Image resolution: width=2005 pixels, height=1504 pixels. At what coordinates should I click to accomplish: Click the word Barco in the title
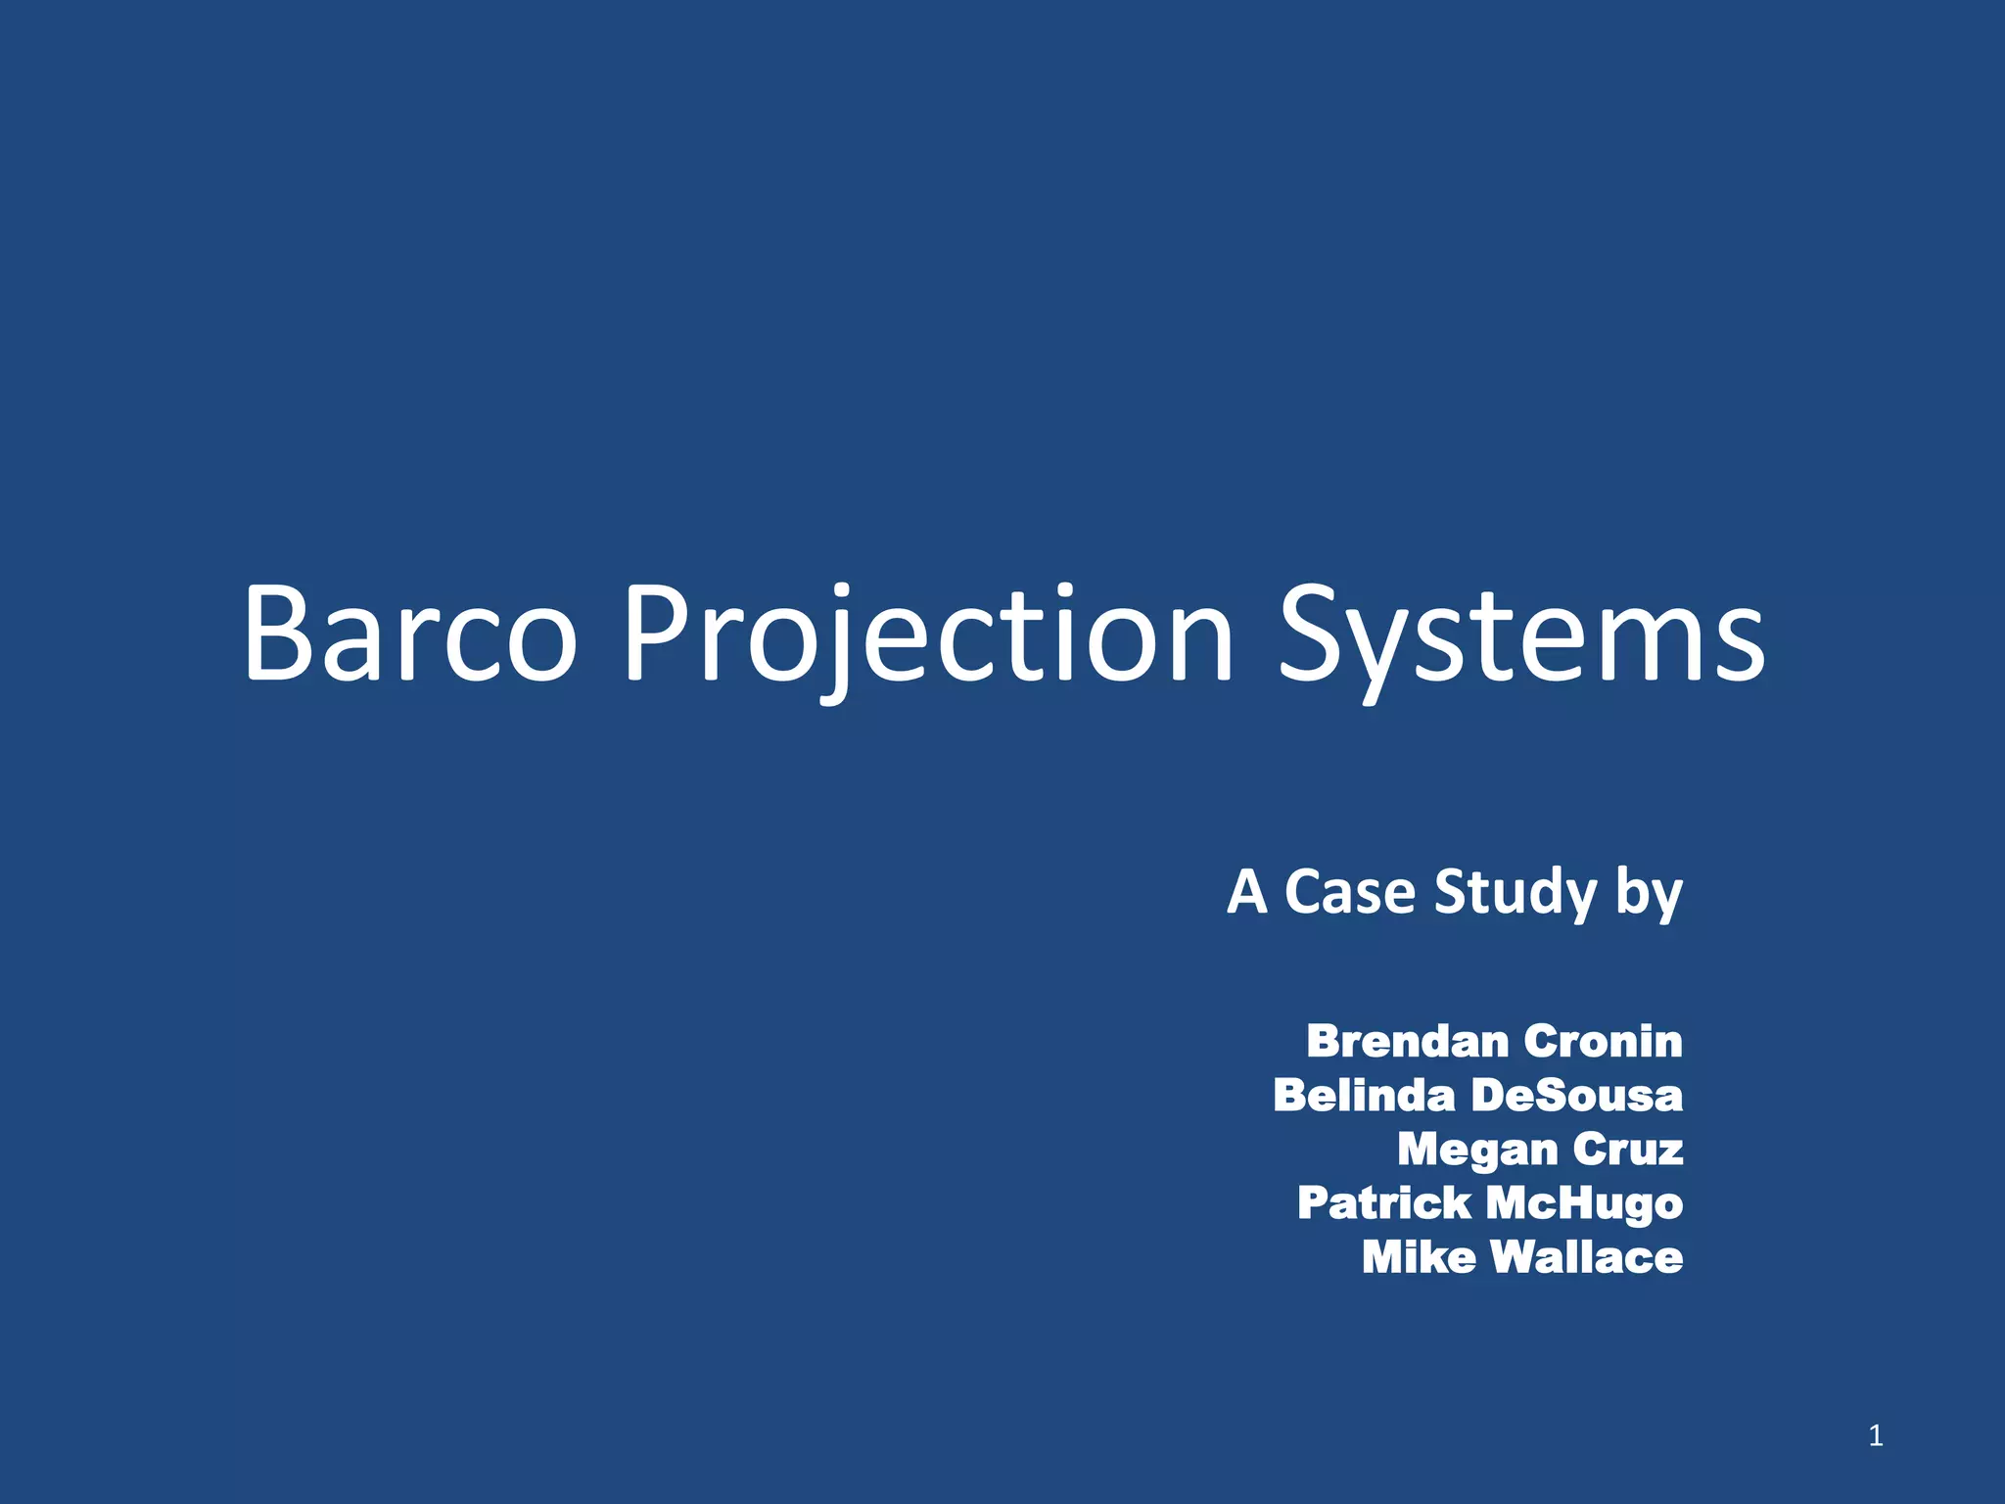409,634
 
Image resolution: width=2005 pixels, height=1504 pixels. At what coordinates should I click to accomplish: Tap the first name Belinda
1364,1095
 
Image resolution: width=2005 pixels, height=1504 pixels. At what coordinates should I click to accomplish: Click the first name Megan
1477,1150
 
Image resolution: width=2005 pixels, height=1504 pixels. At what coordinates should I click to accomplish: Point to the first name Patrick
1383,1203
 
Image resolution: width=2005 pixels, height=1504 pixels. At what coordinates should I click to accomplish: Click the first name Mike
1418,1257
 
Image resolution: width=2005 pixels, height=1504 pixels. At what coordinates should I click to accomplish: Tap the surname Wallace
1586,1257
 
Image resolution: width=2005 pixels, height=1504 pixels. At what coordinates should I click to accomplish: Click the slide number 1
1875,1435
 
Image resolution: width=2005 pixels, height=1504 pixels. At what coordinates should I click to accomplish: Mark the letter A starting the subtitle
1247,892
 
